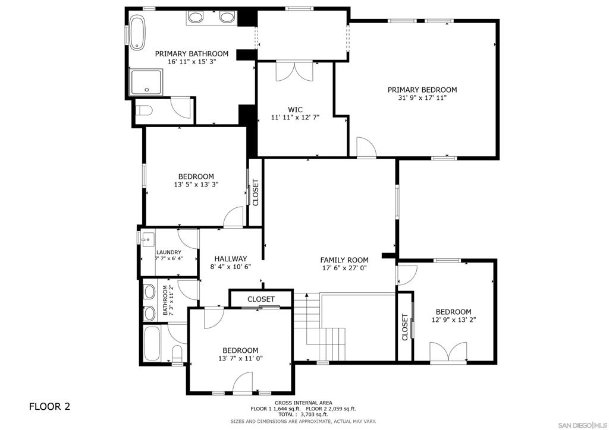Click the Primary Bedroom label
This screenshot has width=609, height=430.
[422, 90]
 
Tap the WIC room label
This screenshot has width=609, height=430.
[295, 109]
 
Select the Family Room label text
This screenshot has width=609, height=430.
[344, 260]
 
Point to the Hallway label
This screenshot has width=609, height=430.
[231, 258]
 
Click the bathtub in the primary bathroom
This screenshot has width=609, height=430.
[137, 33]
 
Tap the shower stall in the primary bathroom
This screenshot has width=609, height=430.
[146, 82]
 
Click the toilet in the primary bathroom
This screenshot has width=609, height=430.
[144, 111]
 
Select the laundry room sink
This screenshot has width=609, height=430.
[147, 239]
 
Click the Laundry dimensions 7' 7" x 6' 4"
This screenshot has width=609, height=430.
[169, 258]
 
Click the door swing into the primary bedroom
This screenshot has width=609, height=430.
[366, 147]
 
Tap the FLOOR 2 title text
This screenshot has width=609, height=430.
[50, 406]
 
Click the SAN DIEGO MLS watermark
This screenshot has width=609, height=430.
[582, 425]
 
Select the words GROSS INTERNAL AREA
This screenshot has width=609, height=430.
[303, 403]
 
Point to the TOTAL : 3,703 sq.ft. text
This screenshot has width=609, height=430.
[303, 414]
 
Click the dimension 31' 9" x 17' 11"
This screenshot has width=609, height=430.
[422, 98]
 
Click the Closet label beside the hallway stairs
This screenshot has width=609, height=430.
[261, 299]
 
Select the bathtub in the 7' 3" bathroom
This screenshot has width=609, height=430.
[152, 343]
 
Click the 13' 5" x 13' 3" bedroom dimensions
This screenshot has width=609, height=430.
[196, 185]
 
